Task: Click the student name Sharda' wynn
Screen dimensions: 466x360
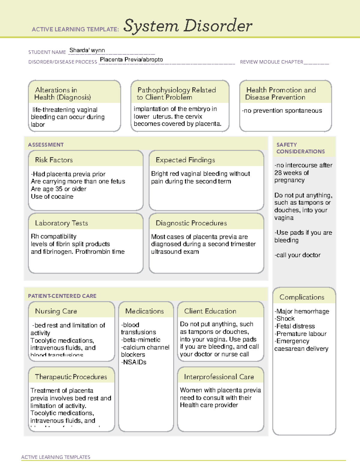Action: [87, 50]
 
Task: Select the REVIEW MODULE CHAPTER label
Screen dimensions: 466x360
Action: [271, 62]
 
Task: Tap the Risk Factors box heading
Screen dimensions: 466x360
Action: [54, 160]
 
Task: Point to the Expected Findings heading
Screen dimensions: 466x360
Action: [185, 160]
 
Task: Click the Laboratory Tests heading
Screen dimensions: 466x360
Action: [61, 223]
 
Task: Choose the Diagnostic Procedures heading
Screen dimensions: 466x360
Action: [191, 223]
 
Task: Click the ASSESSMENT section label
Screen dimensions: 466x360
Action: [46, 145]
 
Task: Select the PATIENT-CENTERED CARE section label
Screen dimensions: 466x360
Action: [62, 296]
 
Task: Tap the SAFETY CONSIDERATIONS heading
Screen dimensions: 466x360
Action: [300, 148]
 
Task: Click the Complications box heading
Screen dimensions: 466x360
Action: [302, 297]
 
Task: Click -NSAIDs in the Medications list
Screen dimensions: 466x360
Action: [133, 362]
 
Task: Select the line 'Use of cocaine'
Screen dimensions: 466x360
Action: [52, 197]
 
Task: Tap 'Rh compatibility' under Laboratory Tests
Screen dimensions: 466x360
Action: [53, 236]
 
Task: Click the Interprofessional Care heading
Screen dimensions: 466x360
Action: [219, 377]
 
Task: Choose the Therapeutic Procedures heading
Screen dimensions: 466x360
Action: [71, 377]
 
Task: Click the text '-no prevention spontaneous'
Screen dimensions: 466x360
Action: [282, 111]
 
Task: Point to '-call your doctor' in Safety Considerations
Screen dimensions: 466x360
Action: [297, 255]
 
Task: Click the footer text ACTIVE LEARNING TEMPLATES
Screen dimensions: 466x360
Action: [55, 457]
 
